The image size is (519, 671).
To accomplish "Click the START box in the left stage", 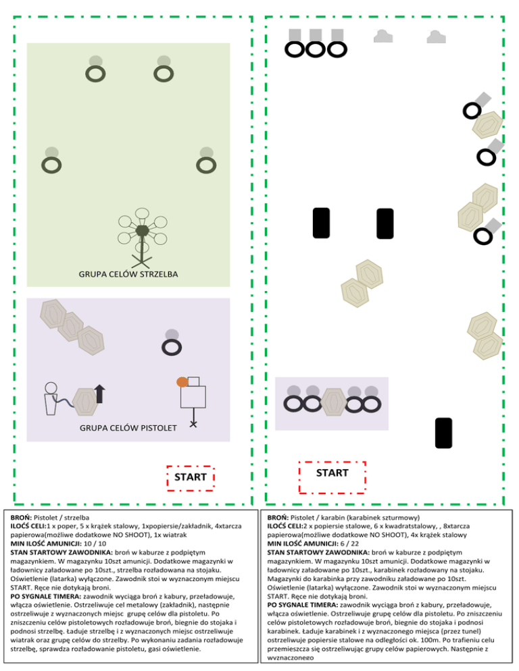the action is pos(191,477).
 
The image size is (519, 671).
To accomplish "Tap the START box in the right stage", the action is pos(332,473).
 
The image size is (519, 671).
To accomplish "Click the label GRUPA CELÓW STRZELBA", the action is pos(128,274).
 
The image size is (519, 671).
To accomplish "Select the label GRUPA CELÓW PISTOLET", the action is pos(128,428).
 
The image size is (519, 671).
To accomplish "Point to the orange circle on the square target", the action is pos(182,382).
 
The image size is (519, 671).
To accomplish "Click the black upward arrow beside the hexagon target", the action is pos(100,393).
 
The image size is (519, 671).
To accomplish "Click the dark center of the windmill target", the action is pos(142,231).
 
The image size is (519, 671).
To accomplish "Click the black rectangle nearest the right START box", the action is pos(443,433).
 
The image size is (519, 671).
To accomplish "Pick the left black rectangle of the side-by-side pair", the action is pos(322,223).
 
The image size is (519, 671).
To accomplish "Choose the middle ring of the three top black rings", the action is pos(316,49).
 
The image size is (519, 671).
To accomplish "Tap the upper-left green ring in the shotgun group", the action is pos(96,72).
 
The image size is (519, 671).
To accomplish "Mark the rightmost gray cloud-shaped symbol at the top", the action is pos(437,36).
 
